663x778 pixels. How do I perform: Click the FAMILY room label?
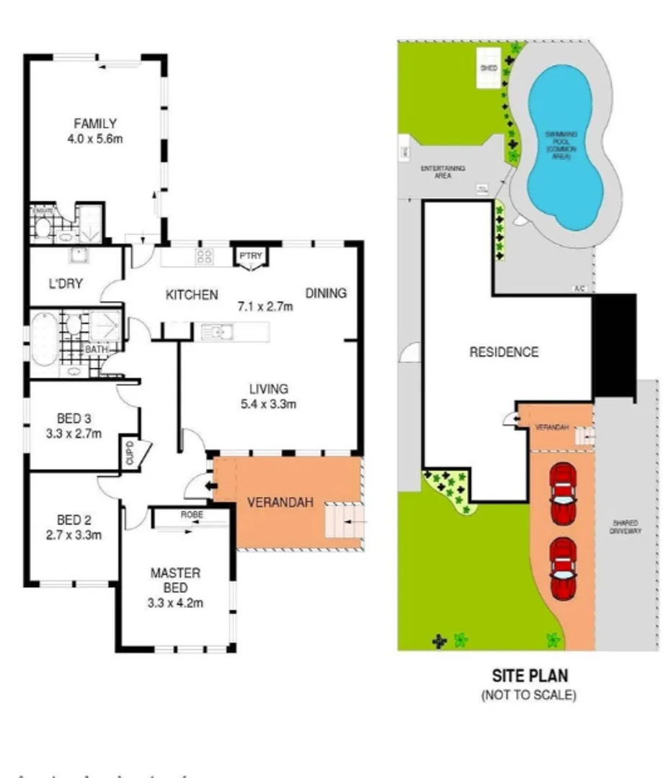[x=94, y=124]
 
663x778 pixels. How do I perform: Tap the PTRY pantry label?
[x=251, y=256]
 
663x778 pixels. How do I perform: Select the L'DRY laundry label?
[x=66, y=284]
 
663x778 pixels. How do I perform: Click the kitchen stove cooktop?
[x=205, y=256]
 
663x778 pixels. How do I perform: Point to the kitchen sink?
[x=217, y=332]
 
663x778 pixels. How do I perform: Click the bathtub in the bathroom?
[x=44, y=338]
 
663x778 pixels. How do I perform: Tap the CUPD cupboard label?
[x=130, y=452]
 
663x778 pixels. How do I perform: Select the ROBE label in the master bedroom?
[x=191, y=514]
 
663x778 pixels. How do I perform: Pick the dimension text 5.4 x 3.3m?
[x=270, y=404]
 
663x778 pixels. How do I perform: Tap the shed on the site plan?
[x=490, y=68]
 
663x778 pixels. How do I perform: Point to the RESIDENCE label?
[x=504, y=352]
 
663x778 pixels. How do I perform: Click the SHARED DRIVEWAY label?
[x=626, y=527]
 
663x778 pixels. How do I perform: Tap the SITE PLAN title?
[x=529, y=676]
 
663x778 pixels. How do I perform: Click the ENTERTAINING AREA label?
[x=442, y=171]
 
